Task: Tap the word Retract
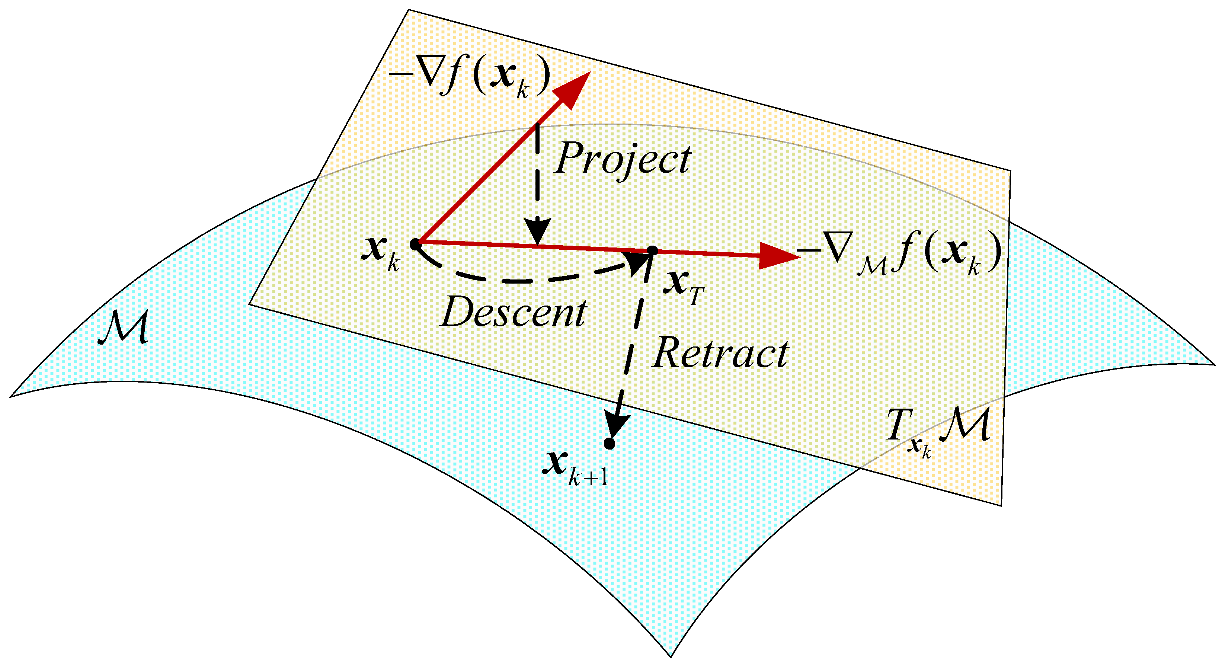pos(720,354)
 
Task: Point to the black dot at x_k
pos(415,244)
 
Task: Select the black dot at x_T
pos(652,251)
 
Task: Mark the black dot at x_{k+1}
pos(610,444)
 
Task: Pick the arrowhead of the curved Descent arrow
pos(638,263)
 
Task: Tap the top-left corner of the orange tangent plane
pos(409,10)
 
